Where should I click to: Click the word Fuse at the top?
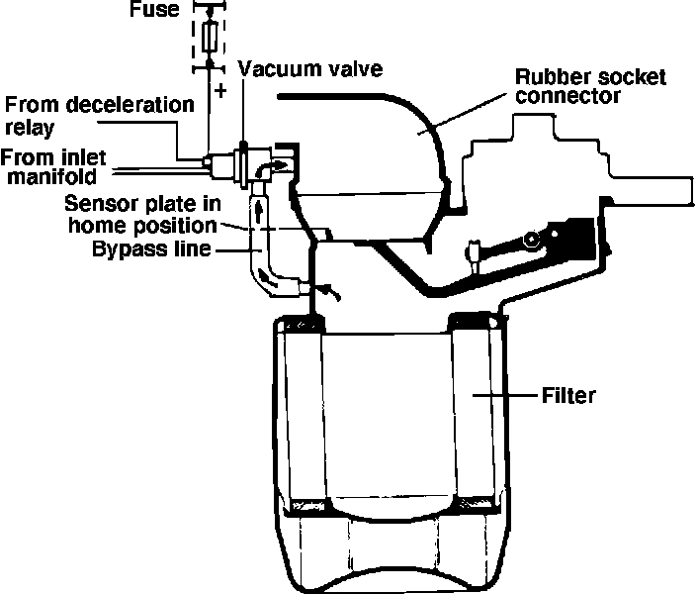click(x=152, y=11)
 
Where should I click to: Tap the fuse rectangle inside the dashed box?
click(x=209, y=38)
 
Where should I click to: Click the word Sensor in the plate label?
click(x=93, y=203)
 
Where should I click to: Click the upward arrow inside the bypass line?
click(x=262, y=210)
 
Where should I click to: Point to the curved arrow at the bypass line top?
click(x=280, y=164)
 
